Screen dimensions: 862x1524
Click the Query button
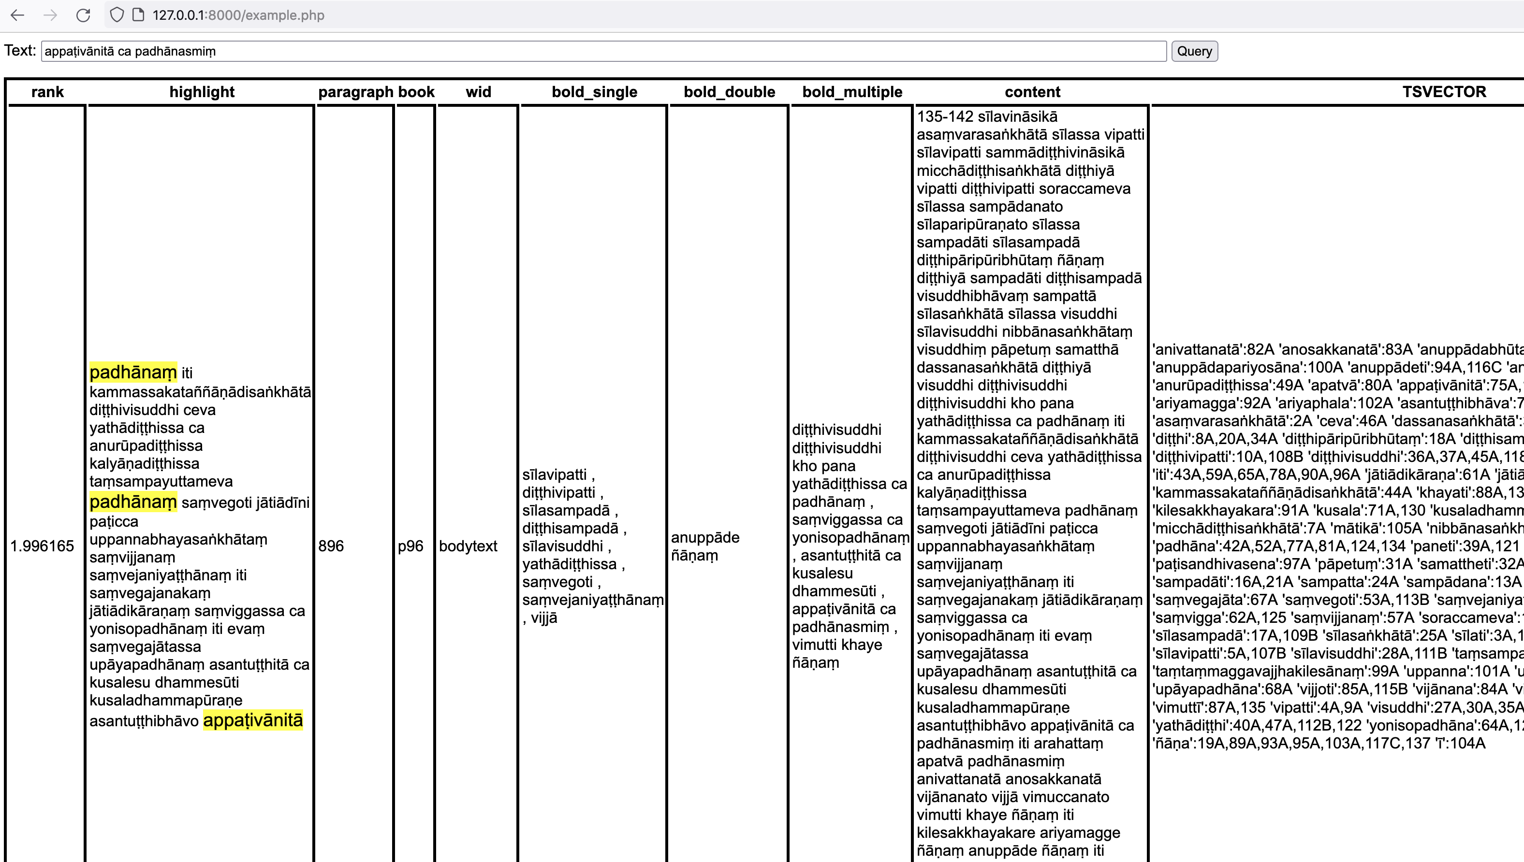[x=1194, y=51]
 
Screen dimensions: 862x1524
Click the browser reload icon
[x=83, y=15]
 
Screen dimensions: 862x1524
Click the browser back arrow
[x=18, y=15]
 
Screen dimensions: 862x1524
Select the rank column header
[x=47, y=92]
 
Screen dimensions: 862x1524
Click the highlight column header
[x=202, y=92]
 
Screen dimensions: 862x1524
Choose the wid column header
[x=478, y=92]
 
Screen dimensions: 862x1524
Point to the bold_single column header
[x=594, y=92]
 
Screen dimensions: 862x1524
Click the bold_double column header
[x=729, y=92]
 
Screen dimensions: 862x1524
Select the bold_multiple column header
[x=852, y=92]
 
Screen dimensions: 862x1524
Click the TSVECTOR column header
[x=1443, y=92]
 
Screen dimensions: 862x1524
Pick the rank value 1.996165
[x=42, y=546]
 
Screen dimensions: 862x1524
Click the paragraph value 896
[x=331, y=546]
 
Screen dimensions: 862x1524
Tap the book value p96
[x=410, y=546]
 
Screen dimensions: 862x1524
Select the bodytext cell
[x=468, y=546]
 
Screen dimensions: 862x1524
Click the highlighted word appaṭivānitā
[x=253, y=720]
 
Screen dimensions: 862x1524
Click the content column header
[x=1032, y=92]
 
